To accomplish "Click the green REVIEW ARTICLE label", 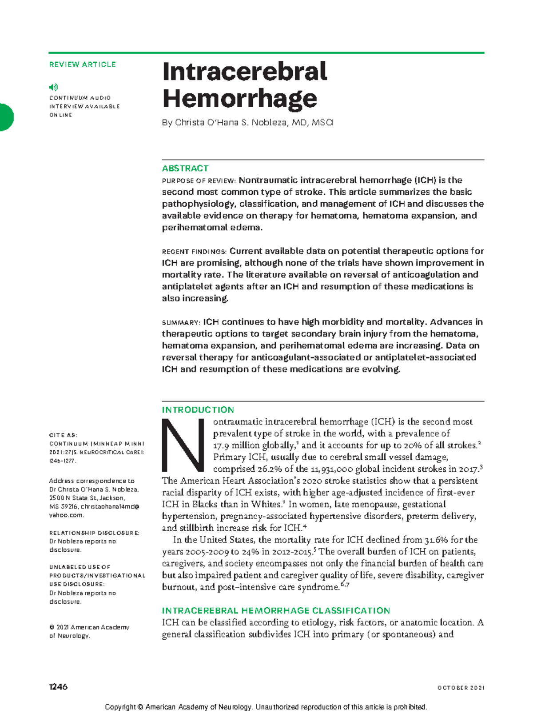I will (x=82, y=64).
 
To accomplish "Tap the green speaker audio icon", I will (x=53, y=87).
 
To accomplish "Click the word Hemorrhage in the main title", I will (x=239, y=98).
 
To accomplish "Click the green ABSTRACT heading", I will (x=185, y=168).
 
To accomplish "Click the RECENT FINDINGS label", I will (x=194, y=252).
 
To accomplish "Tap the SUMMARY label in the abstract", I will (x=181, y=322).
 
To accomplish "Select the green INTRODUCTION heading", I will (x=198, y=410).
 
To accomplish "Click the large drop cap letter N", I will (x=183, y=446).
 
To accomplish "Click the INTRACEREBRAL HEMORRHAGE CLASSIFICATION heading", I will (x=275, y=611).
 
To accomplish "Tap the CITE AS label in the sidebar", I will (x=63, y=435).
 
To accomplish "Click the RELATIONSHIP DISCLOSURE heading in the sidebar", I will (x=94, y=533).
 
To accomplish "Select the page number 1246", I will (x=58, y=687).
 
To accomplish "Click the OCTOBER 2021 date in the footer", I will (x=461, y=688).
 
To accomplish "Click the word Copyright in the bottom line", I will (x=121, y=707).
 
